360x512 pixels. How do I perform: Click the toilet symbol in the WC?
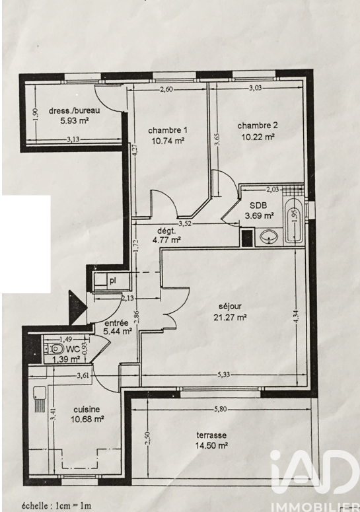pos(55,349)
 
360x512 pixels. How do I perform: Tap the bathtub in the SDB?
pos(294,221)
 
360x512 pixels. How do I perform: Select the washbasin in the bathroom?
pos(270,237)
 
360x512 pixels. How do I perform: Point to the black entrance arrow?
pos(78,307)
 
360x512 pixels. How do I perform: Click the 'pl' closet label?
pos(112,281)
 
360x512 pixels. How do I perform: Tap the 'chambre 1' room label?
pos(168,131)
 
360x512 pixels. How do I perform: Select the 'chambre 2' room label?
pos(258,126)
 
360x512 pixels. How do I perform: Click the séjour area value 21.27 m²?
pos(230,317)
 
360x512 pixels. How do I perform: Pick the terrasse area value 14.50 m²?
pos(211,445)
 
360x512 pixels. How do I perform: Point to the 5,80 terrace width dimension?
pos(221,409)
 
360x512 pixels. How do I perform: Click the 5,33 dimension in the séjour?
pos(223,375)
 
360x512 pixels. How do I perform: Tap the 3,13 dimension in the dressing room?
pos(73,139)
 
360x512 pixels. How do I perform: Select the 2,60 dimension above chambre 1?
pos(166,89)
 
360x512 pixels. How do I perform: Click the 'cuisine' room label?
pos(87,410)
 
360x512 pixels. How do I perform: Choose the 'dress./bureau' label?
pos(75,110)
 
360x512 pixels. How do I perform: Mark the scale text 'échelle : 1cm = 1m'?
pos(56,506)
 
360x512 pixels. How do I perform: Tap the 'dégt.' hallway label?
pos(166,231)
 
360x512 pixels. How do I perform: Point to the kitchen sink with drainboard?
pos(40,399)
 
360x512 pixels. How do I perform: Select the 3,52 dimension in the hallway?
pos(185,224)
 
